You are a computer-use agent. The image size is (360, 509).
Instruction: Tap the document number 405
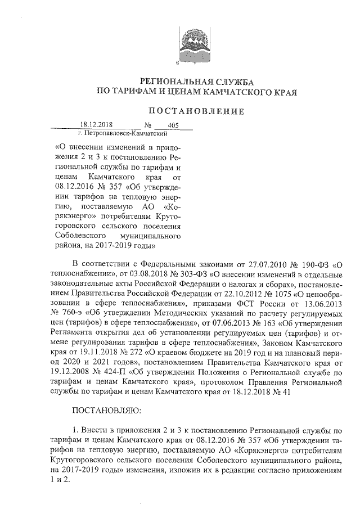(165, 125)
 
